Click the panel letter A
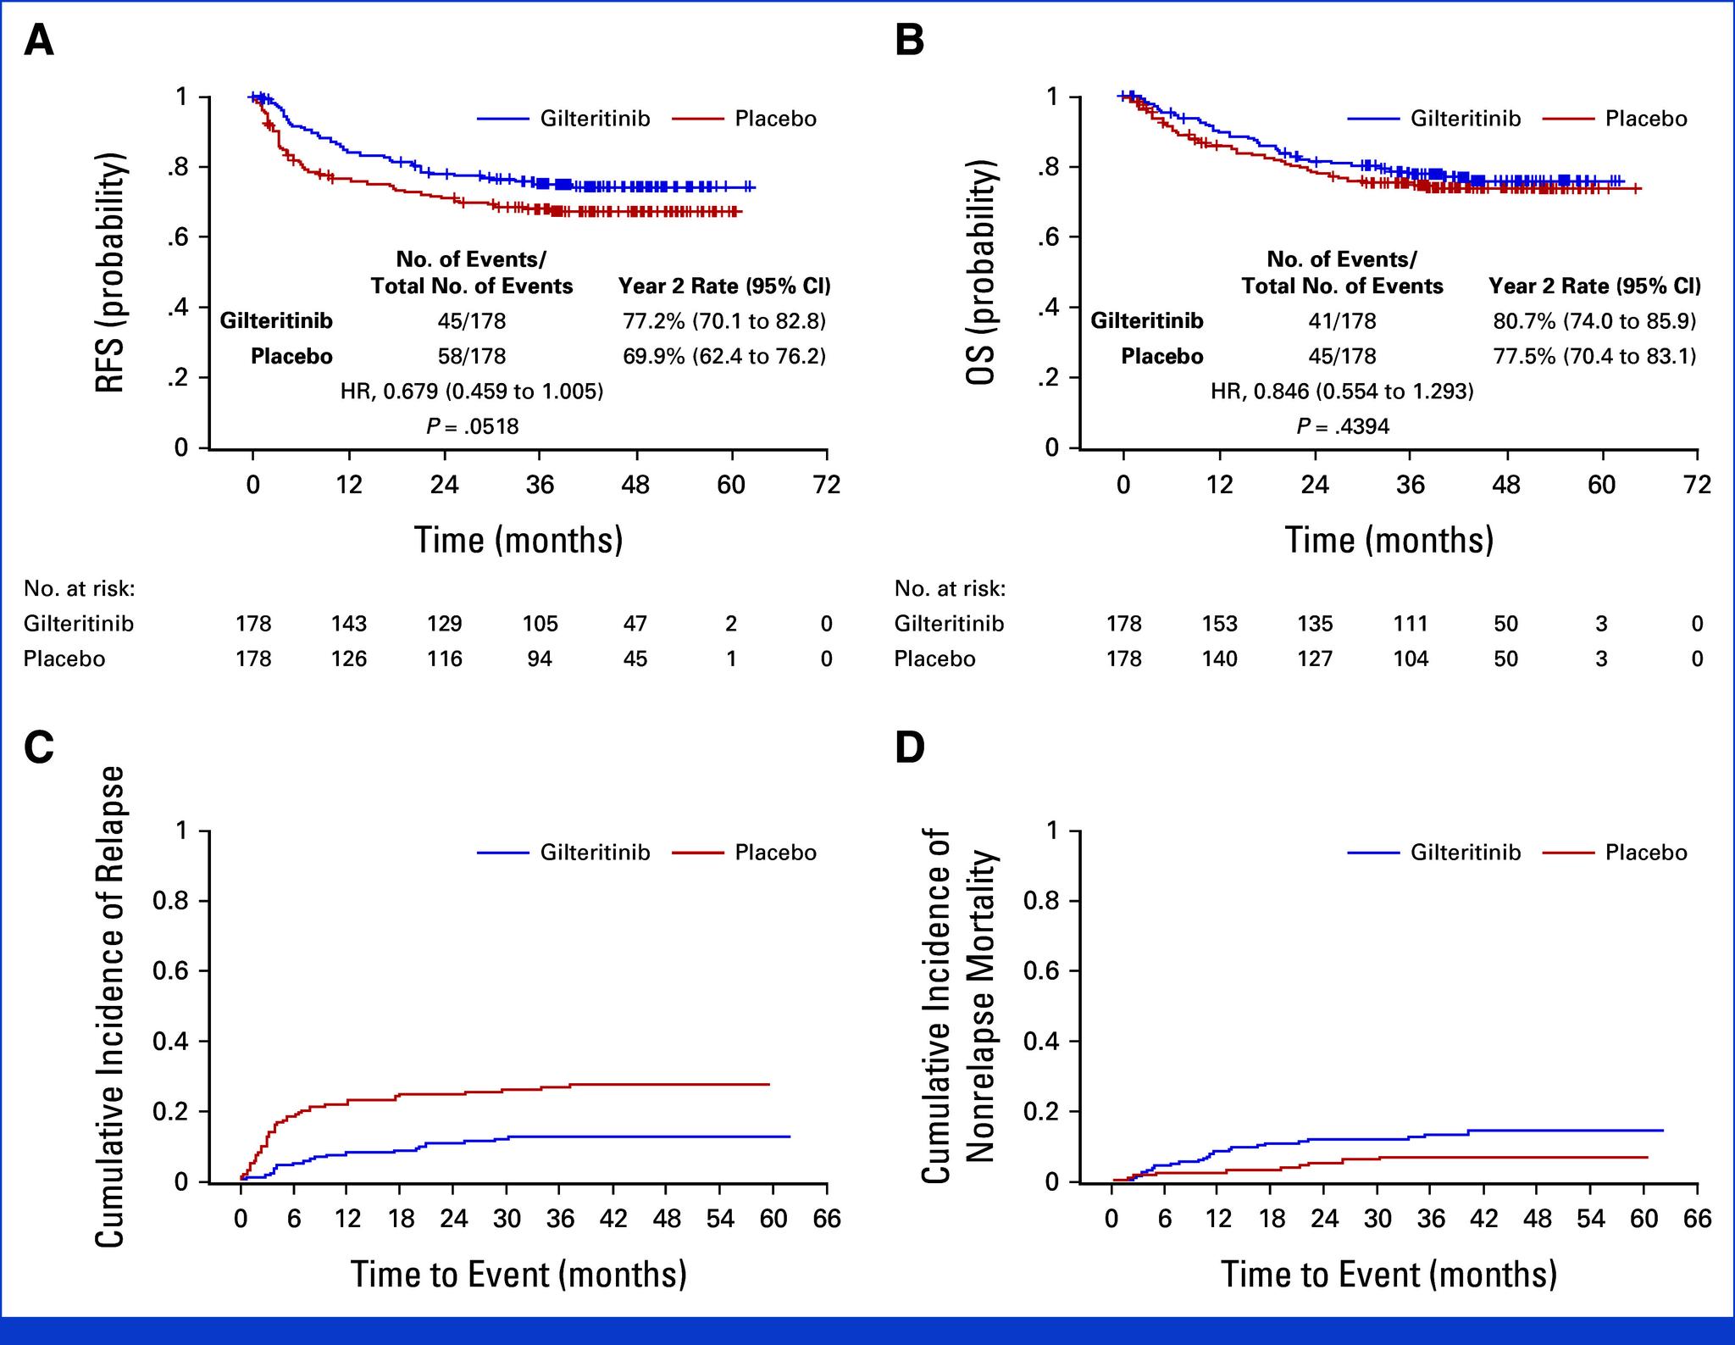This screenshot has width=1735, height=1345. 39,40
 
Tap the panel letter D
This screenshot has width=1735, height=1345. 910,748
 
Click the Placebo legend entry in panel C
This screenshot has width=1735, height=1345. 775,853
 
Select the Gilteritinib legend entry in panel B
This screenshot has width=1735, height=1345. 1465,119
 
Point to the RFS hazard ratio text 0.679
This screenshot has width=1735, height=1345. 472,392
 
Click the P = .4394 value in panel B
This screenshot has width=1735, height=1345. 1343,426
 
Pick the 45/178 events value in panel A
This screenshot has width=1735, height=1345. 472,321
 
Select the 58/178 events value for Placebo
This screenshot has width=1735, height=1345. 472,357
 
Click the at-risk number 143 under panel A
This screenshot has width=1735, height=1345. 349,624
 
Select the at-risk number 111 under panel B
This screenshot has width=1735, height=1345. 1411,624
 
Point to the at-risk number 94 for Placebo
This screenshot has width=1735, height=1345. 540,659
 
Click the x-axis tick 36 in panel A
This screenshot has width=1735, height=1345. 540,485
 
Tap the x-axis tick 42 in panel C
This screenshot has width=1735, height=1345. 614,1220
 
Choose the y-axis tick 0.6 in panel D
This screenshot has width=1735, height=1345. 1040,970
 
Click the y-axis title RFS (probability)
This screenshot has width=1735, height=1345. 110,273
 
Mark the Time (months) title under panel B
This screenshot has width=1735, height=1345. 1389,540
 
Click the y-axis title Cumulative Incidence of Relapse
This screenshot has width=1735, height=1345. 110,1006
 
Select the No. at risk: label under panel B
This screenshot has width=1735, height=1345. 950,588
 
